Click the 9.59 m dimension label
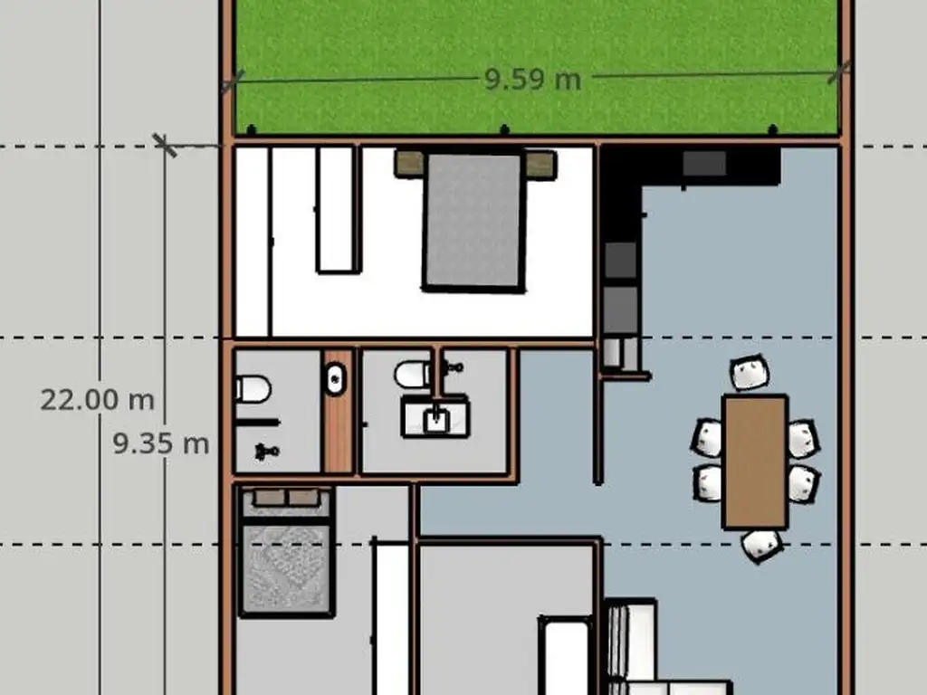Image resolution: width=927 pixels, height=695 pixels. [532, 80]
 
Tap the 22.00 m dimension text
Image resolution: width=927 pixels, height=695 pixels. [98, 400]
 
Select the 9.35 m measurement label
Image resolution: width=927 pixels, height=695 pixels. [161, 443]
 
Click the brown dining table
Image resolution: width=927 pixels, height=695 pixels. [756, 462]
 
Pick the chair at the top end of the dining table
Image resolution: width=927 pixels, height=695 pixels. [750, 372]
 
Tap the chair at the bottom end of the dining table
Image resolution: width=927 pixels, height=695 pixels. [762, 546]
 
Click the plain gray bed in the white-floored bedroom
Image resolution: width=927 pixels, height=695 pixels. [473, 221]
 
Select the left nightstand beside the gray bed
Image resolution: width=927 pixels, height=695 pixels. [410, 164]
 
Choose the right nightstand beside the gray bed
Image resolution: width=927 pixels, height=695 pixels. [541, 165]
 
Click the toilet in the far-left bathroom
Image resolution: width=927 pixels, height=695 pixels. [253, 389]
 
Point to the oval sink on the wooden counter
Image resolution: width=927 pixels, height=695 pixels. [335, 379]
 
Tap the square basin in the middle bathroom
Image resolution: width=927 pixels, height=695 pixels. [435, 418]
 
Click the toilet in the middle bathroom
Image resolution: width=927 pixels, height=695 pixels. [413, 374]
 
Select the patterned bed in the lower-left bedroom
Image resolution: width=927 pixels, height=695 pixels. [286, 552]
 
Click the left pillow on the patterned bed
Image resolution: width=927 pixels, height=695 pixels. [269, 497]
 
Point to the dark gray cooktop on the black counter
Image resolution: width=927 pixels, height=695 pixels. [704, 163]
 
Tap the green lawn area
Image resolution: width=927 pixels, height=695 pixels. [536, 66]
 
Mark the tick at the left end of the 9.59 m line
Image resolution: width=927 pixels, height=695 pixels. [233, 81]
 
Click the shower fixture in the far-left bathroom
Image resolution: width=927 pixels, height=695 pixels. [267, 452]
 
